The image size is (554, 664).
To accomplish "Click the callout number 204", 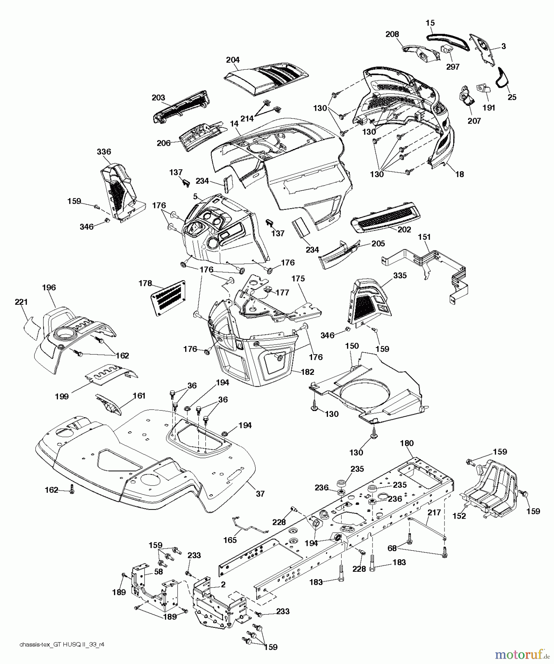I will pos(233,60).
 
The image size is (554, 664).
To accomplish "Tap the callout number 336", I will pos(104,152).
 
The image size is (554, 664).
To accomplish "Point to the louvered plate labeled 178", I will pos(168,297).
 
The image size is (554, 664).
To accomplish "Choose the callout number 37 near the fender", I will pos(260,494).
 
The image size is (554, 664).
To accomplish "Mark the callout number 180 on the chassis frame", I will pos(406,443).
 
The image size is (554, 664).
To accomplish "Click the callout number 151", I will pos(424,237).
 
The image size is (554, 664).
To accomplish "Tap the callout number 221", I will pos(21,302).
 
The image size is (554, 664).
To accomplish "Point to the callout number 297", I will pos(453,67).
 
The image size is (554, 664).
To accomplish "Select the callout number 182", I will pos(307,371).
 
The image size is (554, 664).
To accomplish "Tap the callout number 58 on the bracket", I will pos(159,571).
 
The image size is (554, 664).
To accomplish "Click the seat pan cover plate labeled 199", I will pos(111,376).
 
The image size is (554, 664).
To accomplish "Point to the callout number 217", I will pos(434,512).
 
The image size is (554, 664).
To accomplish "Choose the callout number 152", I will pos(459,516).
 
